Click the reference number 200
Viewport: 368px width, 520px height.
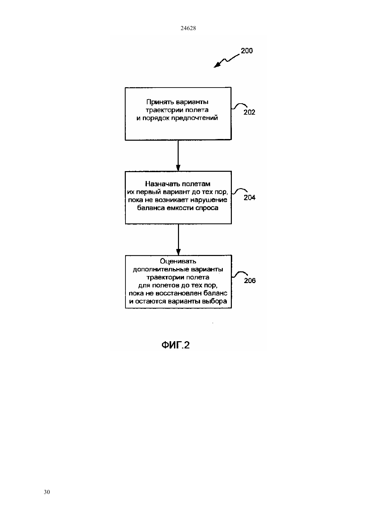(247, 51)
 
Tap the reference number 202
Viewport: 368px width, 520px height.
(249, 112)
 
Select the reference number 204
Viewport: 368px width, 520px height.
(250, 198)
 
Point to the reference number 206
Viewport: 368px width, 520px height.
(250, 281)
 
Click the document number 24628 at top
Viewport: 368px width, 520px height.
(188, 28)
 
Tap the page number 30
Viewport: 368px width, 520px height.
(47, 492)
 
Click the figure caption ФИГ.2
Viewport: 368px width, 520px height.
(176, 345)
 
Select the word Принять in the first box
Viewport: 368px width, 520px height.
(160, 102)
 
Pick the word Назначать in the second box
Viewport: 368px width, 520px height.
(162, 184)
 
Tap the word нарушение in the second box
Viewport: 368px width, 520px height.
(209, 200)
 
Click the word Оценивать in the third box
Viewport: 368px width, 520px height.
(178, 261)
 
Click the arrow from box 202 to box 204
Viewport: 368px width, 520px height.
(178, 155)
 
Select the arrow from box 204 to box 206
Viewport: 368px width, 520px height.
(178, 240)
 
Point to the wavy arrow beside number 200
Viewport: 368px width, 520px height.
(226, 61)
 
